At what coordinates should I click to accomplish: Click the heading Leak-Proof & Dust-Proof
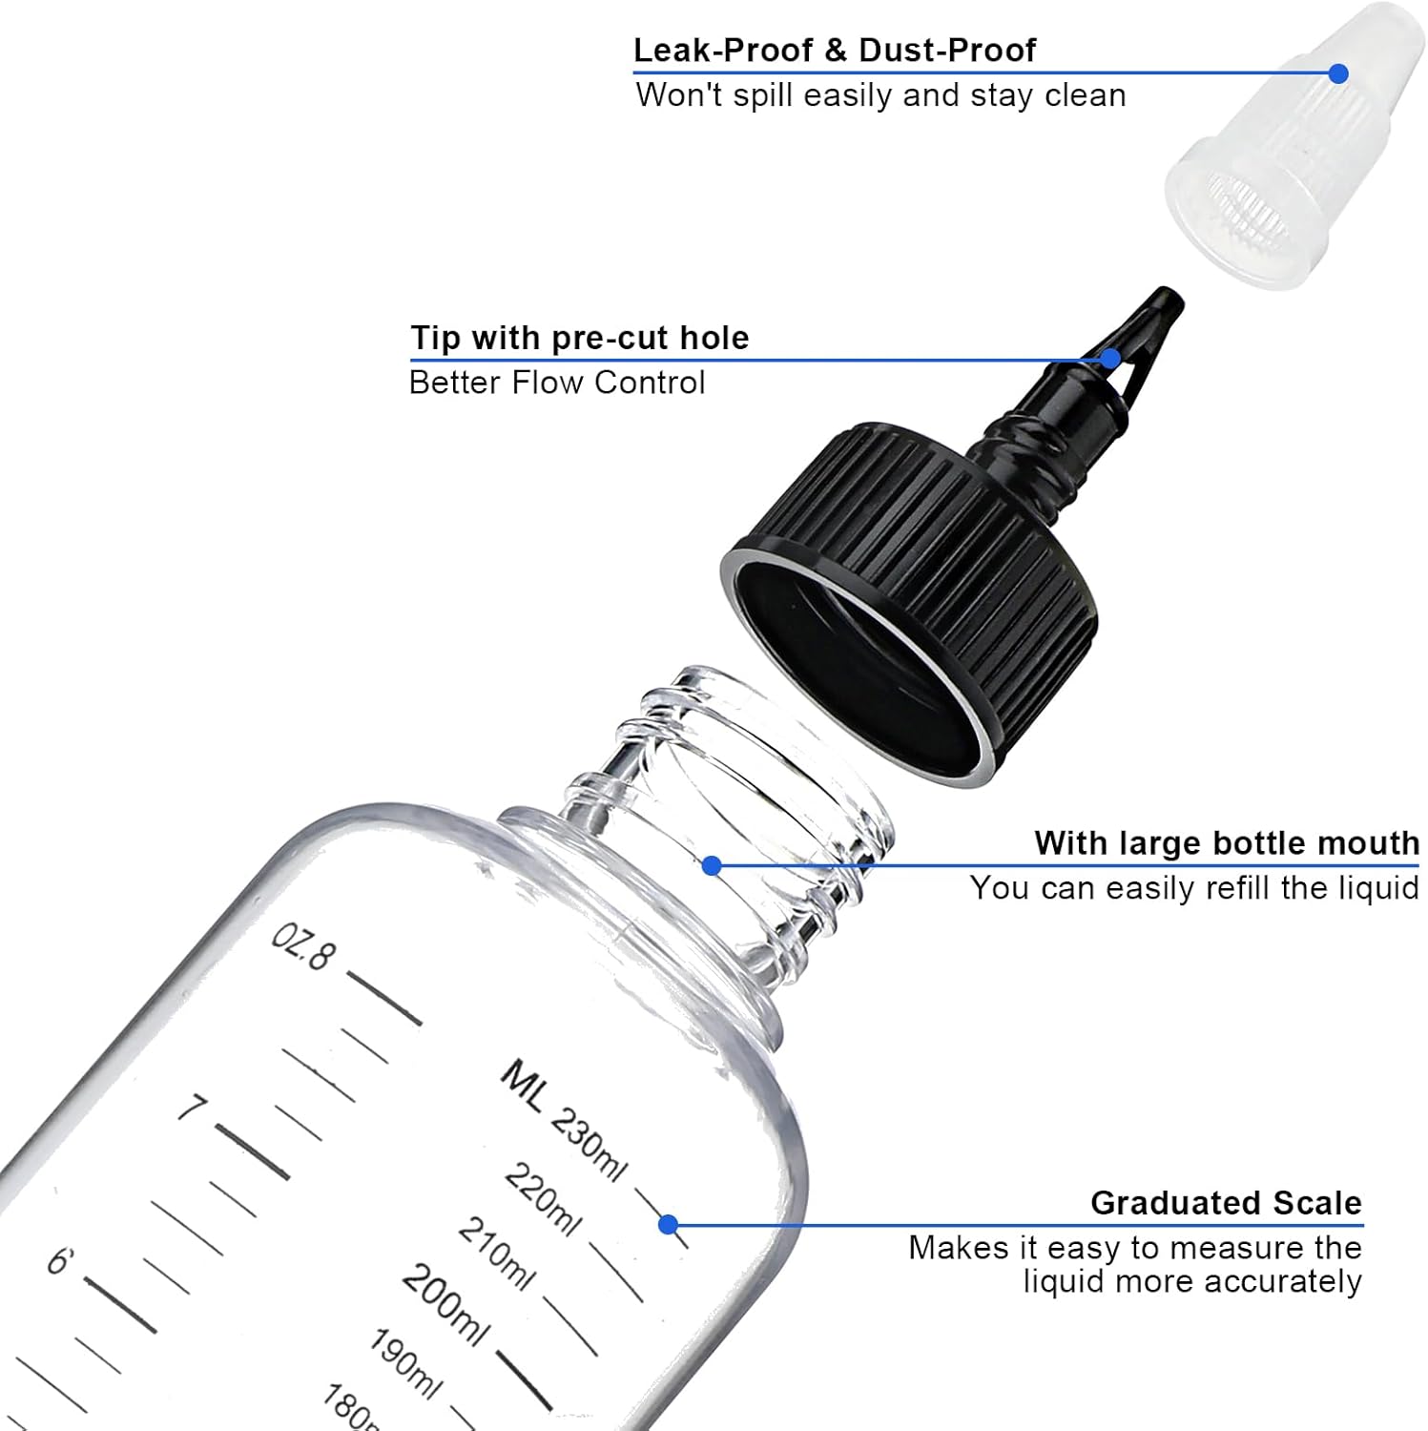click(x=835, y=50)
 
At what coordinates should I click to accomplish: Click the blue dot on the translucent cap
click(x=1338, y=73)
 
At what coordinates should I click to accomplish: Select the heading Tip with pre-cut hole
click(x=580, y=338)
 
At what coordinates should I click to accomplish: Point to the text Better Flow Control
click(x=557, y=383)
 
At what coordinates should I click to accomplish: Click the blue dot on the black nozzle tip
click(x=1110, y=359)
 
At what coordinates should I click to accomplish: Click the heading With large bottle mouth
click(x=1227, y=843)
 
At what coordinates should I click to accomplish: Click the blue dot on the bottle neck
click(x=712, y=865)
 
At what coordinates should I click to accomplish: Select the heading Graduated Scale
click(x=1226, y=1203)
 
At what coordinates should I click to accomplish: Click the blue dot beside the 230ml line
click(x=668, y=1224)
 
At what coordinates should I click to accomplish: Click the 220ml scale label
click(x=542, y=1200)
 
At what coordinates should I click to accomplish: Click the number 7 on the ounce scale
click(x=192, y=1109)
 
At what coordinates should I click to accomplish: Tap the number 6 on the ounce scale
click(x=60, y=1261)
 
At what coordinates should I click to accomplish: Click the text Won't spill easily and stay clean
click(x=880, y=95)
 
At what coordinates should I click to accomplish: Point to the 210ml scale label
click(x=496, y=1254)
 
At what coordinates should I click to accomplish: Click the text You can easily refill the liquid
click(x=1194, y=888)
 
